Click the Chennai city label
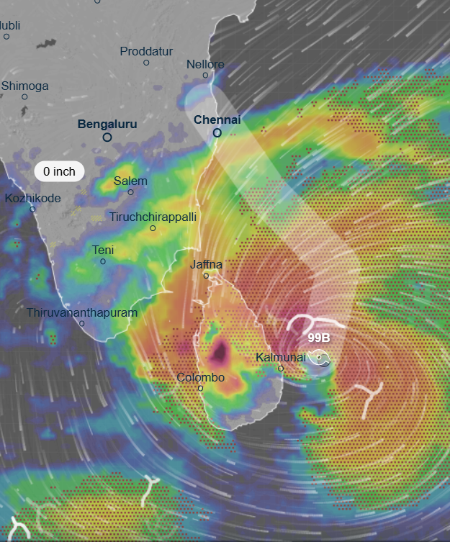pyautogui.click(x=217, y=119)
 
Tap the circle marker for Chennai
pyautogui.click(x=217, y=133)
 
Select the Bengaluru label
pyautogui.click(x=107, y=125)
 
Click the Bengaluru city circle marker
pyautogui.click(x=107, y=137)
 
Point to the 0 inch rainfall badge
pyautogui.click(x=59, y=171)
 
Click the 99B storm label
pyautogui.click(x=319, y=338)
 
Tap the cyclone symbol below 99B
pyautogui.click(x=320, y=357)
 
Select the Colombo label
pyautogui.click(x=201, y=377)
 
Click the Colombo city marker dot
pyautogui.click(x=201, y=389)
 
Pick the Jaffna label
pyautogui.click(x=206, y=264)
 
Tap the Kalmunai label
pyautogui.click(x=281, y=357)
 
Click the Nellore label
pyautogui.click(x=205, y=64)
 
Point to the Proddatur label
pyautogui.click(x=146, y=51)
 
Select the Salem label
pyautogui.click(x=130, y=181)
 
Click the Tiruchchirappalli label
pyautogui.click(x=153, y=217)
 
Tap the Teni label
pyautogui.click(x=103, y=250)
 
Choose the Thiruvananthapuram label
pyautogui.click(x=81, y=312)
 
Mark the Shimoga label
pyautogui.click(x=25, y=86)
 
